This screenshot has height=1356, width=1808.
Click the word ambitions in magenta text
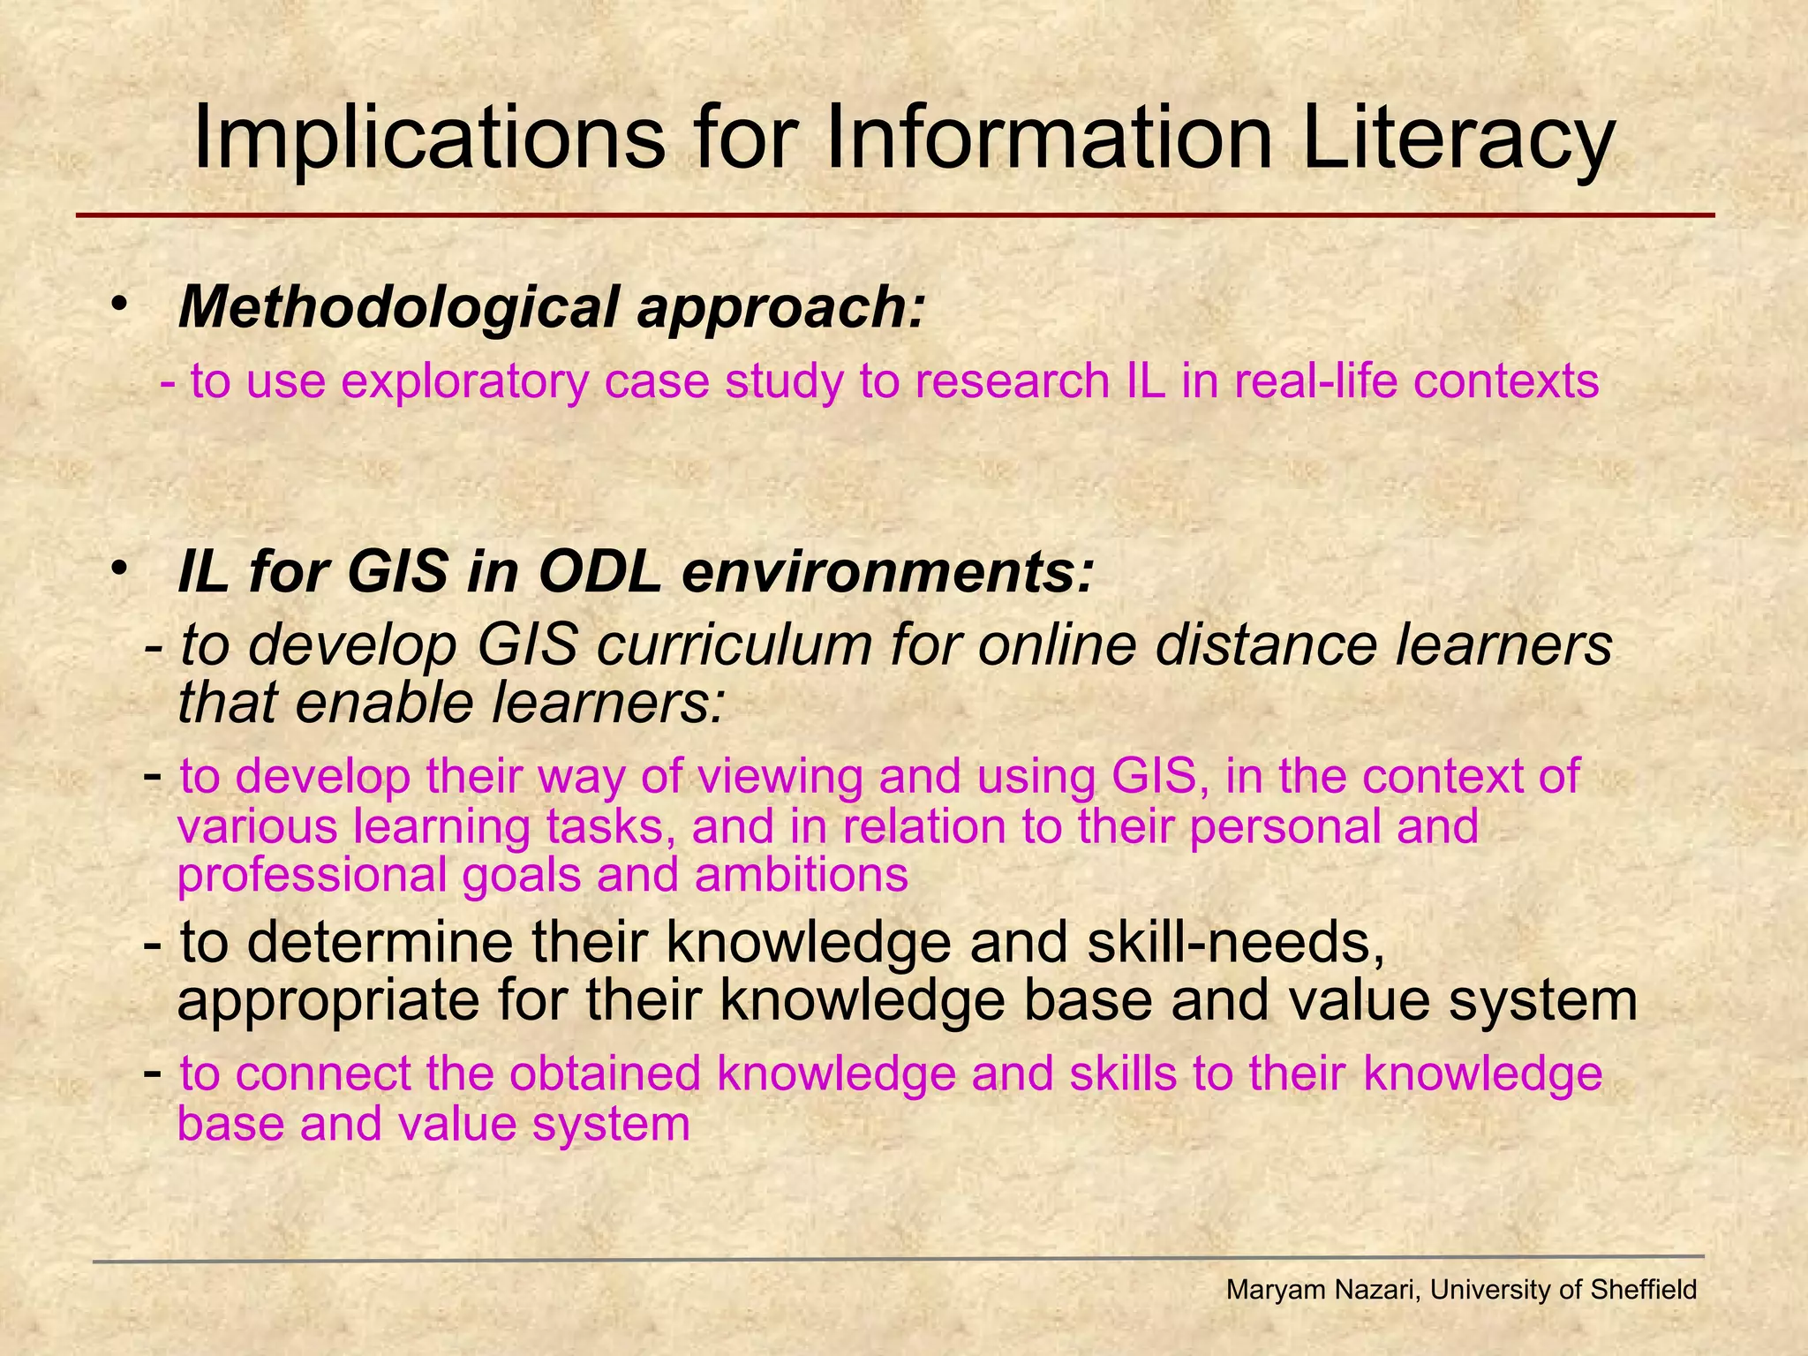[x=802, y=876]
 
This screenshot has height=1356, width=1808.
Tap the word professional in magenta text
[x=313, y=876]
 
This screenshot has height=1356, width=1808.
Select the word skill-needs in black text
[x=1235, y=943]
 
